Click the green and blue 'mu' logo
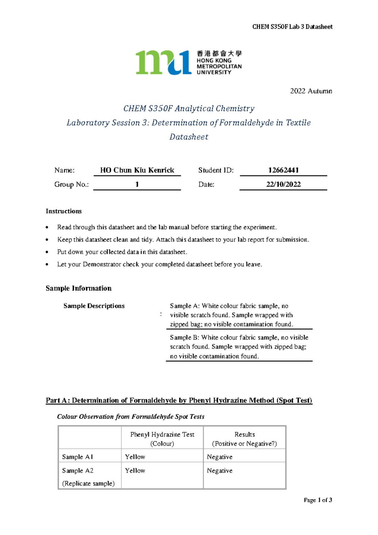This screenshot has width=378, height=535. tap(163, 62)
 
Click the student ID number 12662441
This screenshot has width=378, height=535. tap(283, 170)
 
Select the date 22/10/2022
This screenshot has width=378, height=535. tap(283, 185)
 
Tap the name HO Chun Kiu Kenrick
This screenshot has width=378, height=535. tap(137, 170)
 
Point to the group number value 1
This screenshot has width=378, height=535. tap(137, 185)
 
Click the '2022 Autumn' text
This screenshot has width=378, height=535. tap(311, 91)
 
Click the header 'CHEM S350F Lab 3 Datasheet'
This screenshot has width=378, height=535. tap(292, 27)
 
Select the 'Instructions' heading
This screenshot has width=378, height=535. tap(64, 211)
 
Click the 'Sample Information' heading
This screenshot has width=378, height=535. tap(78, 288)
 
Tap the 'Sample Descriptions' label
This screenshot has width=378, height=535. tap(94, 306)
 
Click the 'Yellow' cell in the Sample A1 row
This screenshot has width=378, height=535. tap(135, 457)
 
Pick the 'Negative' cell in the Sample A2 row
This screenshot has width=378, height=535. tap(220, 471)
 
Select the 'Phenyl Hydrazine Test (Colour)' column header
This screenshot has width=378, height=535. tap(162, 439)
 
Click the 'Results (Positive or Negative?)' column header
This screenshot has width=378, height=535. tap(244, 439)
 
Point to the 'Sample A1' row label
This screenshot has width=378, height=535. tap(77, 457)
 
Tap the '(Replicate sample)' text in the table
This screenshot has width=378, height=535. tap(88, 484)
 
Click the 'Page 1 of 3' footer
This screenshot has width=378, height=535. tap(318, 500)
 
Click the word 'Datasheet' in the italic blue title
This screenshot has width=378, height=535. tap(189, 137)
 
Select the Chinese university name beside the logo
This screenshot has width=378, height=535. tap(219, 54)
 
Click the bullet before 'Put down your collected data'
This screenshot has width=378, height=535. tap(47, 252)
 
